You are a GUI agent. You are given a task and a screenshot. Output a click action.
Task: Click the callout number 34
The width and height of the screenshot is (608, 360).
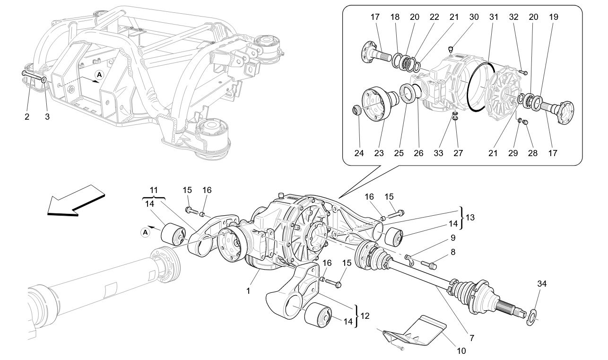click(541, 284)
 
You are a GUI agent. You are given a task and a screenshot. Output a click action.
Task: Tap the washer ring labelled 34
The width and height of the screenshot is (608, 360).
click(532, 316)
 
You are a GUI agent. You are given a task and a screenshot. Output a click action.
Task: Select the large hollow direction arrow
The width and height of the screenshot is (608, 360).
click(76, 201)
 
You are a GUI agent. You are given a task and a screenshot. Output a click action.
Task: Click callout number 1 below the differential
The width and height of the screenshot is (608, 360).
click(248, 291)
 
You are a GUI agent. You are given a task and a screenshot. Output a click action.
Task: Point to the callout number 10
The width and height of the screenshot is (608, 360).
click(461, 351)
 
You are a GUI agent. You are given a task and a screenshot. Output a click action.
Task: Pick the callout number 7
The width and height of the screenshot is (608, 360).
click(472, 338)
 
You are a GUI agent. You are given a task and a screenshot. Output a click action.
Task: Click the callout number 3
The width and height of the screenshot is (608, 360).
click(47, 117)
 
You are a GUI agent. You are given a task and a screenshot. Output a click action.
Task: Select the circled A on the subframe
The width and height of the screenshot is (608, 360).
click(99, 74)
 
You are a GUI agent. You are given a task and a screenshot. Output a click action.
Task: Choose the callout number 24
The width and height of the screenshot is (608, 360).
click(358, 153)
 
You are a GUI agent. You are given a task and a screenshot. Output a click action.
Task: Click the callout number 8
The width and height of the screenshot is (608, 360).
click(453, 252)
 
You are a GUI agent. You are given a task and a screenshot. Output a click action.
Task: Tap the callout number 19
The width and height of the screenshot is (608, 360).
click(554, 17)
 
